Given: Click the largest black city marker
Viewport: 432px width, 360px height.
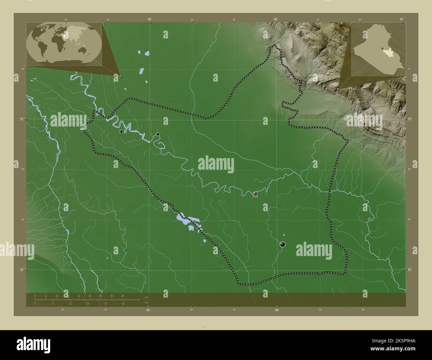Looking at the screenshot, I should point(283,244).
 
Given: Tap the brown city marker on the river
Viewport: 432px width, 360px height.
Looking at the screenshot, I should point(255,193).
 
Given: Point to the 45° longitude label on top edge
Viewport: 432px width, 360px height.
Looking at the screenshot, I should point(150,20).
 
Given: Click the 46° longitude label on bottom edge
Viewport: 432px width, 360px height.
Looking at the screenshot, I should point(277,310).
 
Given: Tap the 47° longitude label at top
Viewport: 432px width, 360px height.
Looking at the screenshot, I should point(402,20).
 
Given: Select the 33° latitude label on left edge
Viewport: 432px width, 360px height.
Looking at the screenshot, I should point(22,119).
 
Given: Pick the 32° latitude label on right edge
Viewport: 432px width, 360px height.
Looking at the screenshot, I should point(410,270).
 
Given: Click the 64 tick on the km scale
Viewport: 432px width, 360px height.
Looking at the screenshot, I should point(123,296).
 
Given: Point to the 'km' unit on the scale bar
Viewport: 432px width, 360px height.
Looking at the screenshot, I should point(146,297).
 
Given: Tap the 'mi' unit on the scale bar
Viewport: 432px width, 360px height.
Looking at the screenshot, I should point(146,302).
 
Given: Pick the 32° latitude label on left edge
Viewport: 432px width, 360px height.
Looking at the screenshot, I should point(22,270).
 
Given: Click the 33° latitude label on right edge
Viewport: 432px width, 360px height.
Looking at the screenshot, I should point(410,119).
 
